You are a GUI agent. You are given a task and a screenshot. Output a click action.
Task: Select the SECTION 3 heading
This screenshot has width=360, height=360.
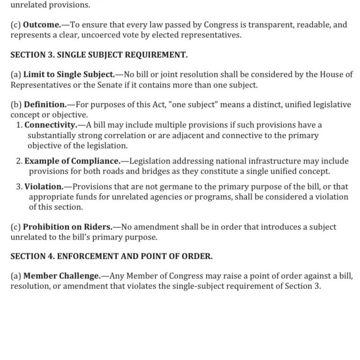click(x=99, y=55)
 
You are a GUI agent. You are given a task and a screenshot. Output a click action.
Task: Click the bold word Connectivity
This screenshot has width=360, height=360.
click(x=51, y=125)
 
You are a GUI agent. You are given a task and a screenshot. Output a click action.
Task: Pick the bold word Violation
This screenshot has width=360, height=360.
click(x=44, y=186)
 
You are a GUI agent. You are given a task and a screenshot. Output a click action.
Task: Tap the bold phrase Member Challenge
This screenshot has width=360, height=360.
click(x=62, y=276)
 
